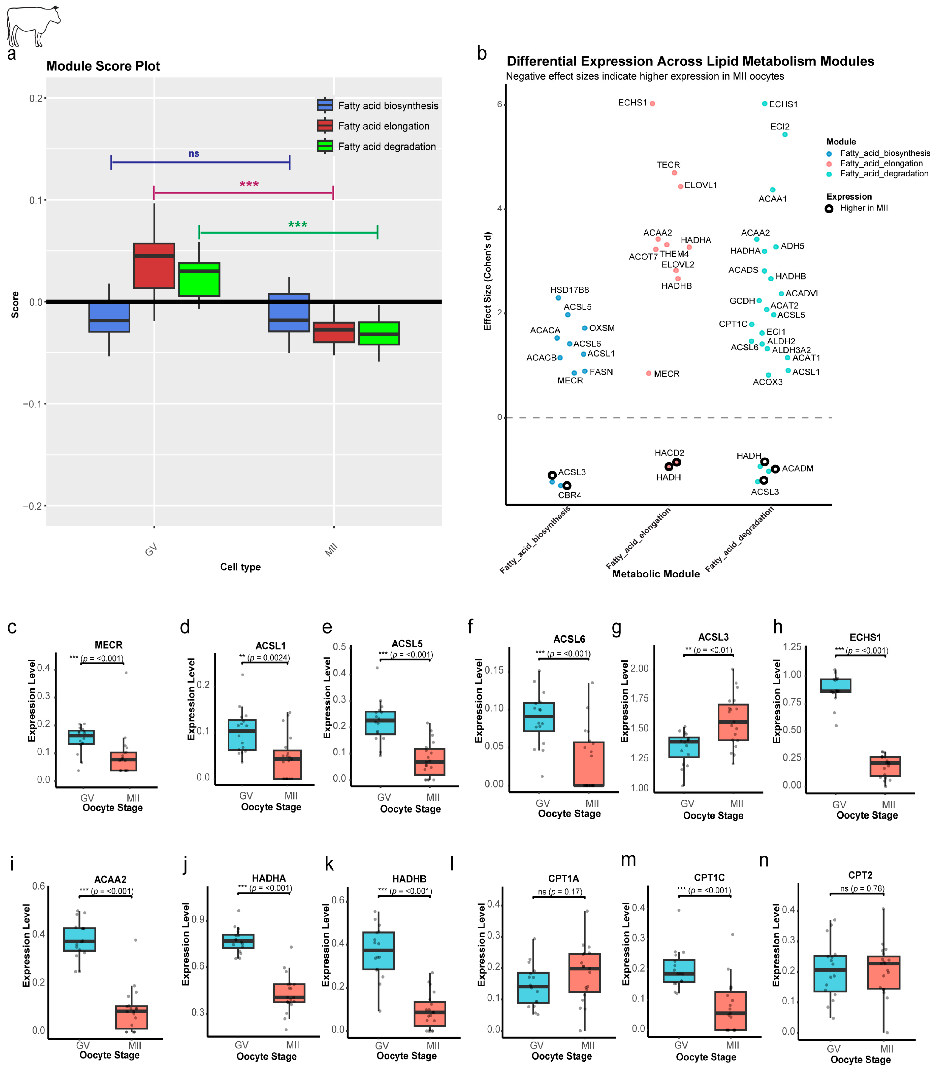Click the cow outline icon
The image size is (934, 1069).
pos(32,26)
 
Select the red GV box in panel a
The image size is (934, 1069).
pos(154,265)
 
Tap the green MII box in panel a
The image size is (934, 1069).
pos(378,334)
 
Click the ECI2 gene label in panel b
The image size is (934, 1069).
pos(780,127)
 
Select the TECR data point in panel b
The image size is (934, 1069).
pos(674,173)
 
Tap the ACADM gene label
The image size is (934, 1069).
pos(798,469)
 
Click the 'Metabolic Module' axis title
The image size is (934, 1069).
pos(656,574)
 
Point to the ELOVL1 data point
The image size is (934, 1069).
pos(680,186)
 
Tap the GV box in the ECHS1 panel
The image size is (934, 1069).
pos(835,685)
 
